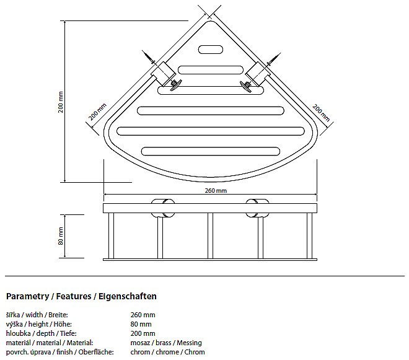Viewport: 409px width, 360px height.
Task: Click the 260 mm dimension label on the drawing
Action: (x=216, y=191)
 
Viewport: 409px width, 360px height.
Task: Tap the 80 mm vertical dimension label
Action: (x=61, y=236)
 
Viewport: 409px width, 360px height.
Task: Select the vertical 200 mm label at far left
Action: (x=61, y=102)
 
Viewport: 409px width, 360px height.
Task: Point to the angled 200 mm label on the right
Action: (x=321, y=112)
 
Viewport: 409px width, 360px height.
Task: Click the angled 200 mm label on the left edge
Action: (x=97, y=112)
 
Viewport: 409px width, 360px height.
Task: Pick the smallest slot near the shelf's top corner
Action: (x=211, y=50)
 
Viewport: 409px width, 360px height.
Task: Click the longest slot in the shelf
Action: (x=211, y=131)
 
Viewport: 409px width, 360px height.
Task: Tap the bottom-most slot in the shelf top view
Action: (x=211, y=151)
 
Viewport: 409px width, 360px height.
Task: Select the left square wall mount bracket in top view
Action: (x=162, y=74)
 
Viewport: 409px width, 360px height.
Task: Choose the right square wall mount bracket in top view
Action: (x=258, y=74)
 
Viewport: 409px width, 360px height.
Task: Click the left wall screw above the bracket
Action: (x=149, y=57)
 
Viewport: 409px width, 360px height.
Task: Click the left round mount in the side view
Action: (x=163, y=208)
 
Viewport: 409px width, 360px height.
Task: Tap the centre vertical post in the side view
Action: (x=210, y=236)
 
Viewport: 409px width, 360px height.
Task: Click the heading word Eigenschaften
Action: (x=128, y=296)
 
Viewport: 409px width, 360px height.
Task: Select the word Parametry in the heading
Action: (x=27, y=296)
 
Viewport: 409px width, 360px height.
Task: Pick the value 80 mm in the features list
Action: (x=141, y=324)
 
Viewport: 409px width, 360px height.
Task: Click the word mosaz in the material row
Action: (x=140, y=343)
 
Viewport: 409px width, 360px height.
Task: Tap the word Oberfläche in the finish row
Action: (x=96, y=352)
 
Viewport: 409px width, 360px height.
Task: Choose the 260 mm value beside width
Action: (x=143, y=315)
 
